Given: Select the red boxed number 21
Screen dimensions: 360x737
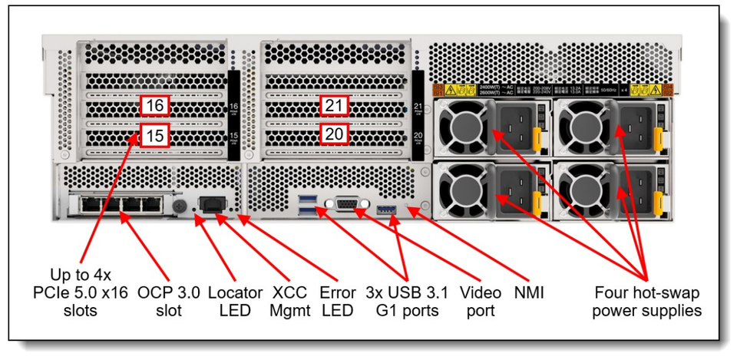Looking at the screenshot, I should coord(334,106).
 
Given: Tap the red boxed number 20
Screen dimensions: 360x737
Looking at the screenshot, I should coord(334,134).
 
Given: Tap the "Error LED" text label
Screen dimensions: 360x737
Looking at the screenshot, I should coord(338,302).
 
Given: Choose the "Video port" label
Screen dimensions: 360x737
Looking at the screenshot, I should coord(480,302).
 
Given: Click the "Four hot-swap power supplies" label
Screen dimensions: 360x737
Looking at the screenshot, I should coord(647,302).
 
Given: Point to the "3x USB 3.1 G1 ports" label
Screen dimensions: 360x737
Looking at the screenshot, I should coord(407,302).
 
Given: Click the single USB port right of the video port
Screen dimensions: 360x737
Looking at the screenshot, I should coord(386,209).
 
